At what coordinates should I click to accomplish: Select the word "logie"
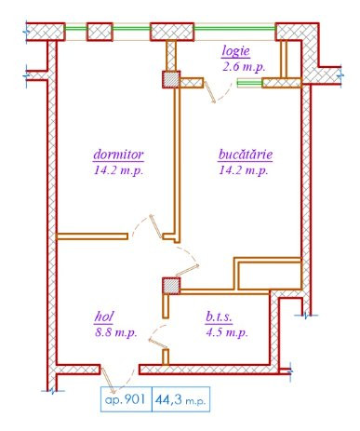point(237,51)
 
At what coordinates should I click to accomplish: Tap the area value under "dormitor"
point(117,170)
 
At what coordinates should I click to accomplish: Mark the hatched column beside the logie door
point(171,81)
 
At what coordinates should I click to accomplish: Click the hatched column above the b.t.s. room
point(170,285)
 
